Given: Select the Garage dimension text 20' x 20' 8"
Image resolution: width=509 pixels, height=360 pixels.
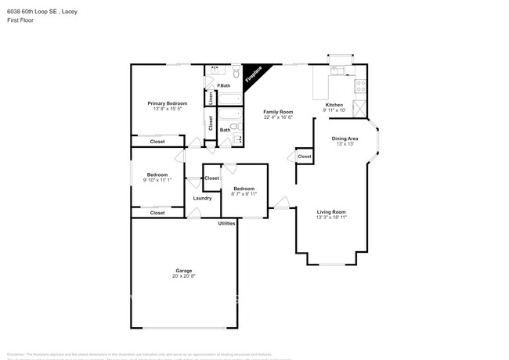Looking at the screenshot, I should [183, 276].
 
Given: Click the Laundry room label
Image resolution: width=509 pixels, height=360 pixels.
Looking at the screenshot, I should [202, 198].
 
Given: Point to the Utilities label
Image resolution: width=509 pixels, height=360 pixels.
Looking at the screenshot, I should [226, 224].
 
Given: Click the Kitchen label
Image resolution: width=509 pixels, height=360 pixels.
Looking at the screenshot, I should [334, 105].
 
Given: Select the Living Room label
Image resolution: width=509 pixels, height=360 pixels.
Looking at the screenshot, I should [330, 212].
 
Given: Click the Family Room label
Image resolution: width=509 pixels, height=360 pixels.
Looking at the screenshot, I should [277, 112].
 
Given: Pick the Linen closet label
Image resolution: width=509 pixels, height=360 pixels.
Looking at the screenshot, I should [210, 97].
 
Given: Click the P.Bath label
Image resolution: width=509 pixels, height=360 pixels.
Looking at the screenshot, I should [223, 85].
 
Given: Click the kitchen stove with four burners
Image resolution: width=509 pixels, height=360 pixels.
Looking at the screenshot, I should [360, 87].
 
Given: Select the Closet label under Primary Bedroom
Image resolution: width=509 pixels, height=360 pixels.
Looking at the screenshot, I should [157, 142].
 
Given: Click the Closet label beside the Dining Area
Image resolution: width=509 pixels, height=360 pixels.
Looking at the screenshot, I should [304, 157].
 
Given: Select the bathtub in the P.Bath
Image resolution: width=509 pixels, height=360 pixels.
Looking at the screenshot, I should [229, 99].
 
